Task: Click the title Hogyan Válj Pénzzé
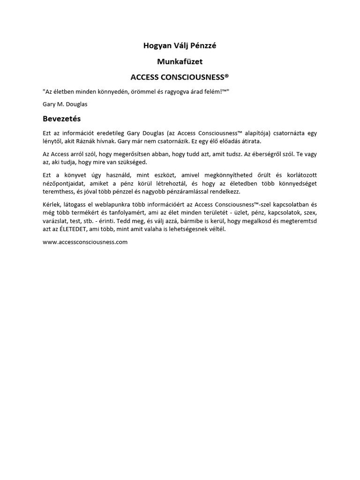point(180,45)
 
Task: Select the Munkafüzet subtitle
point(180,61)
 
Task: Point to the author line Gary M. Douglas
point(65,104)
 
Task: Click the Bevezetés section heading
point(61,119)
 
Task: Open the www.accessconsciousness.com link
point(85,242)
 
